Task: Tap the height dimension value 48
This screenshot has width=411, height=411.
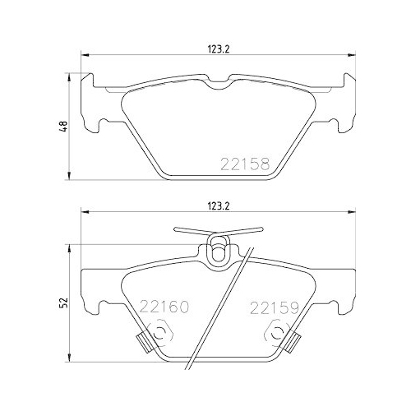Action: (63, 127)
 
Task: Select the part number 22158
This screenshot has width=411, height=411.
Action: (246, 164)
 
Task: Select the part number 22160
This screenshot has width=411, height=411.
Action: (164, 310)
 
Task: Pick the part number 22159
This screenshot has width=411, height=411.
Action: (272, 310)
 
